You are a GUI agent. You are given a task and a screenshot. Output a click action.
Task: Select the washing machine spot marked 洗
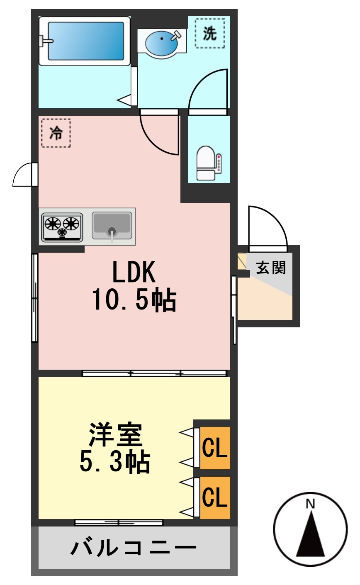pos(210,33)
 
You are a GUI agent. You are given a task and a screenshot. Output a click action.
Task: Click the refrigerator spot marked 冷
pos(56,133)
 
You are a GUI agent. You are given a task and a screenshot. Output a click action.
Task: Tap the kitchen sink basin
pos(112,225)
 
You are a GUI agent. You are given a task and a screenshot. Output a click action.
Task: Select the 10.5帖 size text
pos(134,300)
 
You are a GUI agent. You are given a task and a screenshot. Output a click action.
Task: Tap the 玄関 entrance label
pos(271,268)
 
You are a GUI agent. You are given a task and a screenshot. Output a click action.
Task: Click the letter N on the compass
pos(310,504)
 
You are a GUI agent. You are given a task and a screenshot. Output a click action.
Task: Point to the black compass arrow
pos(310,537)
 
